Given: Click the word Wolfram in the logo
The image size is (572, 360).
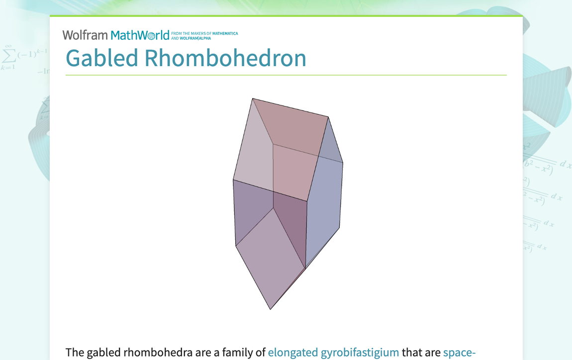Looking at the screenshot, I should point(85,35).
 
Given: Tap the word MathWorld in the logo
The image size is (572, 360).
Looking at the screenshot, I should point(140,35).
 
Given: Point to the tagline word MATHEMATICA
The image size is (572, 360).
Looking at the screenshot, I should point(225,34).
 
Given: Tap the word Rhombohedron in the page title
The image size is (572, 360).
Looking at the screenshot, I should point(225,58).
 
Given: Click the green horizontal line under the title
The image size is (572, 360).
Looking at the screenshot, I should point(286,75).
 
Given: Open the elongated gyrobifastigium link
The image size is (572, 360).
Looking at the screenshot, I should point(333,353).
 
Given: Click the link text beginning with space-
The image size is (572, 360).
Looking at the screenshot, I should point(459,353).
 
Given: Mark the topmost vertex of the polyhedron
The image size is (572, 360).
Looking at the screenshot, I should point(253,98).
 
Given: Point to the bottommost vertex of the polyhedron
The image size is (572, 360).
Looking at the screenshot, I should point(271,309).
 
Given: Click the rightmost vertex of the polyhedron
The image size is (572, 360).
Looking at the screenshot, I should point(343,163).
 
